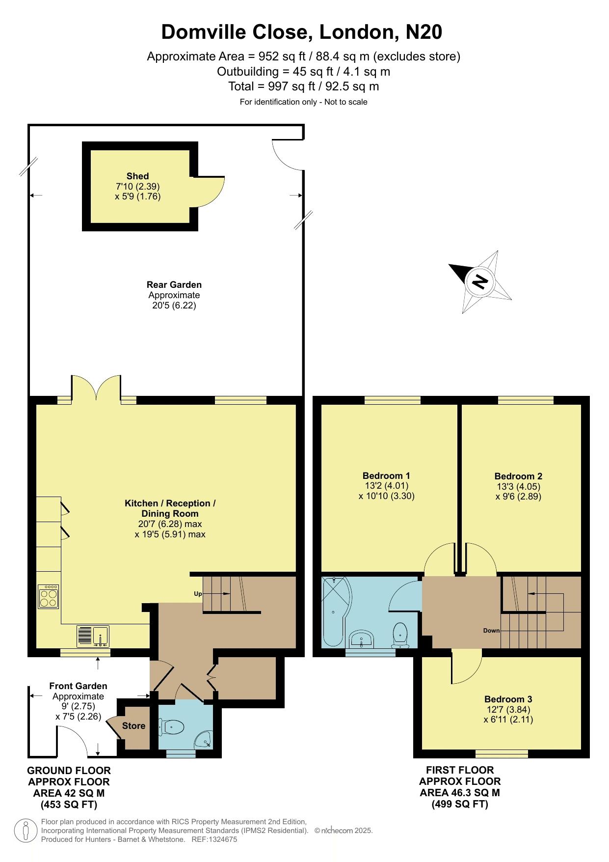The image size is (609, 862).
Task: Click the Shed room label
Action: (137, 176)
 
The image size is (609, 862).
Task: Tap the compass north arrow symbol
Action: (480, 281)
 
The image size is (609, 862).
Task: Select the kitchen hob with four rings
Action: (49, 596)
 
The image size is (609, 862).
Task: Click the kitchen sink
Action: (93, 637)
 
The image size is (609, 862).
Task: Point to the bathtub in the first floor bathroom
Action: (335, 612)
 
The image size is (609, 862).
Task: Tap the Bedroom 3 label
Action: (508, 699)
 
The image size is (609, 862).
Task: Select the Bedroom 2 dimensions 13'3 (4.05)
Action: (518, 486)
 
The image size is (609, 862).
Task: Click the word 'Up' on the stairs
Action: (198, 594)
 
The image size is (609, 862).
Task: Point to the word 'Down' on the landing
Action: (491, 631)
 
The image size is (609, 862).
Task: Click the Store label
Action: (133, 725)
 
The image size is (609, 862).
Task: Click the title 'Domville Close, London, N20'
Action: (302, 32)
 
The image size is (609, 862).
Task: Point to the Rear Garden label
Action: (174, 284)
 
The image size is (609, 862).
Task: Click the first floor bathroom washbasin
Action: (362, 640)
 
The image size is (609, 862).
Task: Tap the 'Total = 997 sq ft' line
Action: (304, 86)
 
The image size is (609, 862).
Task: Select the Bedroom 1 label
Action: (386, 475)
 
